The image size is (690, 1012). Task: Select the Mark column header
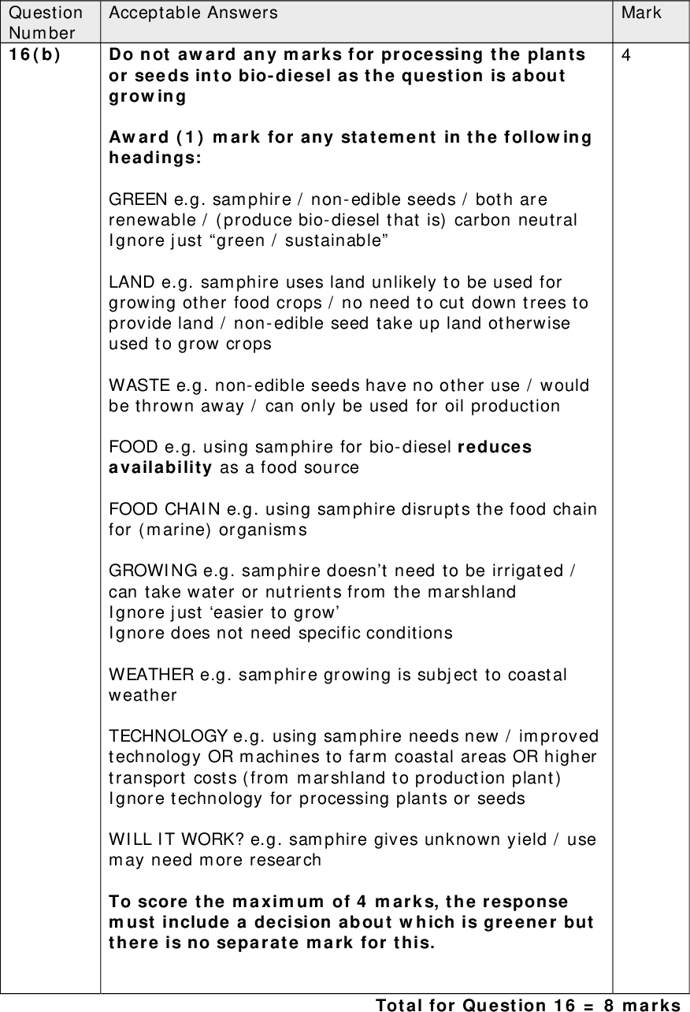641,13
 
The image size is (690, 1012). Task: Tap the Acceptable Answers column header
193,13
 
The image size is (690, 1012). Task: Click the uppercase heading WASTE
135,385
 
